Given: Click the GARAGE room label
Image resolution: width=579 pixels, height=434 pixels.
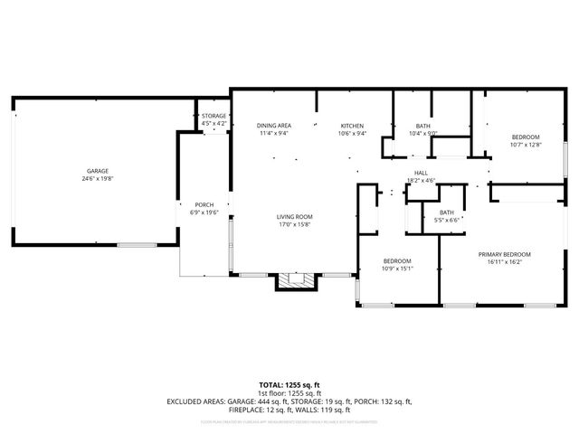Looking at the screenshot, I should point(98,171).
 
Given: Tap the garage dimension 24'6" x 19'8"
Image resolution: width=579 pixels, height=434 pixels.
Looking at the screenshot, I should point(98,178).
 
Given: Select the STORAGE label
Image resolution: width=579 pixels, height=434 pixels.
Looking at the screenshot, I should point(214,116).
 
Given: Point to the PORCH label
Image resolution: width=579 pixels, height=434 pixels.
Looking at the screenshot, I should point(204,204).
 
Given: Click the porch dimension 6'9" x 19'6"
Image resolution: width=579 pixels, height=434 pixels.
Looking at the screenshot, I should point(204,212).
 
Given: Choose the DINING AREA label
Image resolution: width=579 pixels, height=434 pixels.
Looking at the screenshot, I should point(273,126).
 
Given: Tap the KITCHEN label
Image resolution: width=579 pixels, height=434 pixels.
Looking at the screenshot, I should point(352,126).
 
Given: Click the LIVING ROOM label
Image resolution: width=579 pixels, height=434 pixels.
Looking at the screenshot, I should point(295,217).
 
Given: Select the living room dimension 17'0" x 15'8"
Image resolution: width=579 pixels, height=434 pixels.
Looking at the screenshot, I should point(295,224).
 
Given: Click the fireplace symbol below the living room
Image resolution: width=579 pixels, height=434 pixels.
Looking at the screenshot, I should point(297,281).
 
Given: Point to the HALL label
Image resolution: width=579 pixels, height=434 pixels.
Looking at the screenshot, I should point(421,173).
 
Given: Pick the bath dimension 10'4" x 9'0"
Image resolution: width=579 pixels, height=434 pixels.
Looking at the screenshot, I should point(422,134).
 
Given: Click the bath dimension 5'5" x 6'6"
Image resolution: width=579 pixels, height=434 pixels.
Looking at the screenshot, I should point(447,219).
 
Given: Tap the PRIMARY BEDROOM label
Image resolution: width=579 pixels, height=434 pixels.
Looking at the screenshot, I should point(505,255).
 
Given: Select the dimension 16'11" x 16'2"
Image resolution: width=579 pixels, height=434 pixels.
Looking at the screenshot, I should point(505,262).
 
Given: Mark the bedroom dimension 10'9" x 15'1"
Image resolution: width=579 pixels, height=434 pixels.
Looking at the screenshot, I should point(397,267).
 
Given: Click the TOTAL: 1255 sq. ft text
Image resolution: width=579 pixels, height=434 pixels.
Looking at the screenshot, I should point(289,385).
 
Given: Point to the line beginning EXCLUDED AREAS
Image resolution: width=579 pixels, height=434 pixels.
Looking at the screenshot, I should point(289,401).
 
